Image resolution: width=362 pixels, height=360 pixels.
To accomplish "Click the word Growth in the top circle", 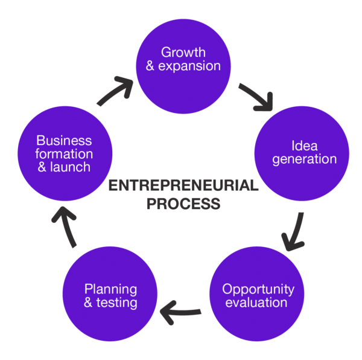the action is [x=183, y=53].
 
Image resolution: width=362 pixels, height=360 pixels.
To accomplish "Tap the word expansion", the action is [x=189, y=66].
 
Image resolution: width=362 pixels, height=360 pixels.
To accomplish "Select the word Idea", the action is [x=305, y=146].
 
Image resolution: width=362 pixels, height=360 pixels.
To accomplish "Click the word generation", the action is [x=305, y=160].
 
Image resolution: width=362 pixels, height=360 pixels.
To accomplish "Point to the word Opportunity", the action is [x=258, y=290].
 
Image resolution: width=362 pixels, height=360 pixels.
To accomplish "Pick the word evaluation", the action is [x=256, y=303].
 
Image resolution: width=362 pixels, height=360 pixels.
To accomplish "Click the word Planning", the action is [x=110, y=290].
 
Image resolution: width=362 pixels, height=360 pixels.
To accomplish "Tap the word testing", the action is [x=116, y=303].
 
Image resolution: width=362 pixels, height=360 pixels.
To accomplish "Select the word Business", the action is [x=64, y=141].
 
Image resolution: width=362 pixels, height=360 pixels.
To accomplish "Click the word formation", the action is [x=64, y=154].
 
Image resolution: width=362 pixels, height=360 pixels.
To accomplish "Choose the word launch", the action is [x=70, y=167].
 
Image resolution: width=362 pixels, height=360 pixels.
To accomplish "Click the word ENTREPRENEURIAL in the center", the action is [x=183, y=185].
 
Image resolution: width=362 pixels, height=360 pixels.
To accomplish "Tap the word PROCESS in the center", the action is [x=183, y=204].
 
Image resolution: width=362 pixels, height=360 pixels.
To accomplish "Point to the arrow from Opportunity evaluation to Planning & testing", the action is [x=180, y=313].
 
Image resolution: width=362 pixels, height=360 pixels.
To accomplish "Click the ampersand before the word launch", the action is [x=42, y=167].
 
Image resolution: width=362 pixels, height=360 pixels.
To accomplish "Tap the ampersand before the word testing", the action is [x=88, y=303].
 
